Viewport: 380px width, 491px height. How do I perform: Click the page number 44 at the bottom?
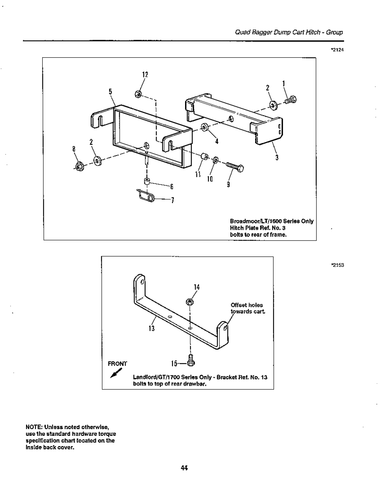pyautogui.click(x=184, y=467)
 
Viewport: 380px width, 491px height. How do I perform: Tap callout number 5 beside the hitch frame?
pyautogui.click(x=110, y=91)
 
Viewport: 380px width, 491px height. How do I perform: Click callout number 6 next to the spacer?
pyautogui.click(x=173, y=186)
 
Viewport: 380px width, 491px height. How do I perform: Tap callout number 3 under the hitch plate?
pyautogui.click(x=277, y=158)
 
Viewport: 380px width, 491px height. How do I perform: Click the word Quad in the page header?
pyautogui.click(x=240, y=32)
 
